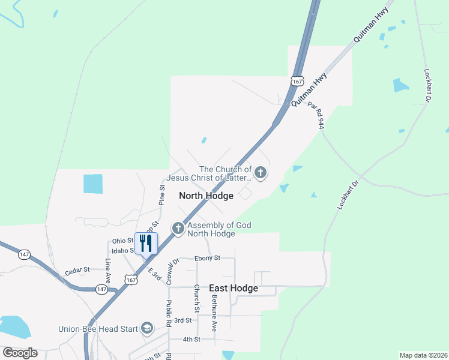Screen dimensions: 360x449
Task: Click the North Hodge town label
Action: pyautogui.click(x=206, y=196)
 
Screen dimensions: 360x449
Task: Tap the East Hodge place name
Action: pyautogui.click(x=234, y=288)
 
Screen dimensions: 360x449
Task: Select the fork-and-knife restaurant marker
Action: pyautogui.click(x=146, y=243)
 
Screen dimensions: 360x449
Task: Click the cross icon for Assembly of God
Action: pyautogui.click(x=178, y=229)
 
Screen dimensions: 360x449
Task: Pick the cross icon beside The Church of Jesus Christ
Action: pyautogui.click(x=260, y=173)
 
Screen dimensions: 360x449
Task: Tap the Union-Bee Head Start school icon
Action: pyautogui.click(x=147, y=328)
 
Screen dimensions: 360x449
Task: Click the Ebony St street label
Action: pyautogui.click(x=208, y=258)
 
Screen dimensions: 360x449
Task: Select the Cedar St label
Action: pyautogui.click(x=77, y=271)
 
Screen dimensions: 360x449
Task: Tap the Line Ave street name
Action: pyautogui.click(x=108, y=271)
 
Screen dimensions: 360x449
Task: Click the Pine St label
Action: pyautogui.click(x=162, y=194)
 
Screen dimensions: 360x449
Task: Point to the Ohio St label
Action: pyautogui.click(x=122, y=241)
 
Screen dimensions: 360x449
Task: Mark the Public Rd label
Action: pyautogui.click(x=169, y=314)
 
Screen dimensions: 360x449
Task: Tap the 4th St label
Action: pyautogui.click(x=191, y=339)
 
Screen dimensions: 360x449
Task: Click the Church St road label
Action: pyautogui.click(x=196, y=298)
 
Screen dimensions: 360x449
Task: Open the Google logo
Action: pyautogui.click(x=20, y=353)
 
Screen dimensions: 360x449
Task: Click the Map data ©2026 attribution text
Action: pyautogui.click(x=423, y=355)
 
